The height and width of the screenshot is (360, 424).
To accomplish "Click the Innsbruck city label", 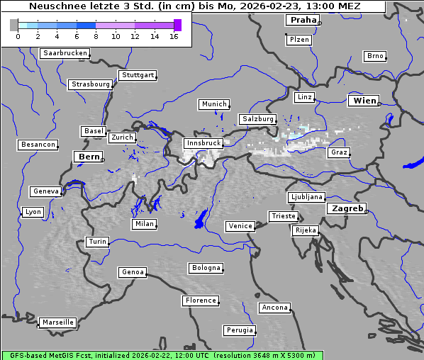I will click(203, 143).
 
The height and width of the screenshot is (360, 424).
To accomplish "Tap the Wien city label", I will click(364, 101).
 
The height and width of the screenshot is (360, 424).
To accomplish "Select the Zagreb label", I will click(346, 208).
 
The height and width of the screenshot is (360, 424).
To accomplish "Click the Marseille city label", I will click(57, 322).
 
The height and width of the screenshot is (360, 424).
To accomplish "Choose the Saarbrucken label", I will click(65, 53).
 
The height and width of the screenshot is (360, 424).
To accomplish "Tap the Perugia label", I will click(239, 330).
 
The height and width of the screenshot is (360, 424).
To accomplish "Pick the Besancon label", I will click(38, 145).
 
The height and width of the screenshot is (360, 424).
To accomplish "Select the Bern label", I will click(89, 157).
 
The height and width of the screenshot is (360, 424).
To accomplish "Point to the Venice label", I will click(240, 226).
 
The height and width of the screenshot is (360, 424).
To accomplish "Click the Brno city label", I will click(374, 56).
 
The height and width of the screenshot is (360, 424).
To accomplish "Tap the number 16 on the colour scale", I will click(174, 35).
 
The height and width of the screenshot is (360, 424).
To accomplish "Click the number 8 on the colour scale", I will click(96, 35).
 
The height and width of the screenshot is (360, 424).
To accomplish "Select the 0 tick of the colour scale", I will click(18, 35).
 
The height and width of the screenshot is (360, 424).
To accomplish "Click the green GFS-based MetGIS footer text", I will click(162, 355).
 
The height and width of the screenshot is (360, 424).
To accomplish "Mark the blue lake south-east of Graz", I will click(413, 164).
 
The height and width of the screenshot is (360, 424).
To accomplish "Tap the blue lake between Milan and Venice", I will click(201, 219).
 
